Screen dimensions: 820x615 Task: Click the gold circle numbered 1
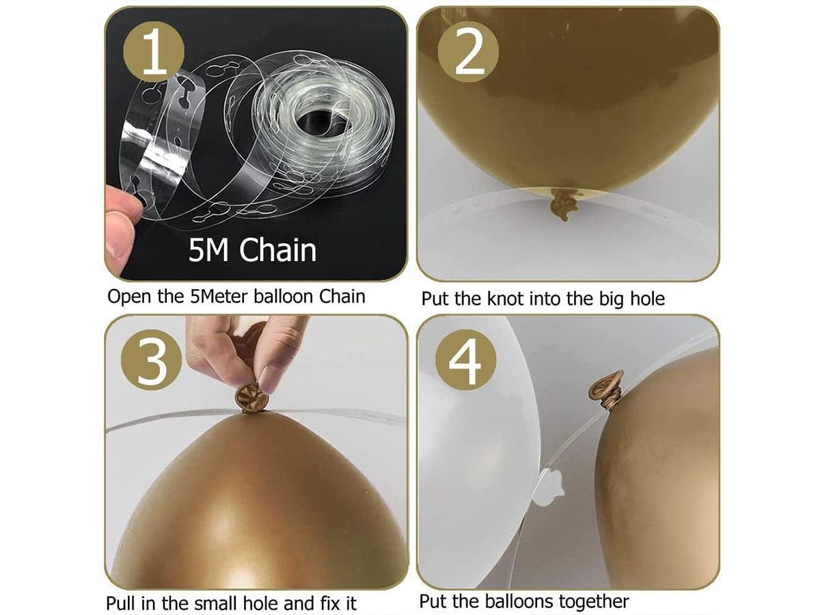coord(154,51)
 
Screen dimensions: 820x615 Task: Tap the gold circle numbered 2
coord(468,51)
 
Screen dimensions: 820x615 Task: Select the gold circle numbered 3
coord(152,360)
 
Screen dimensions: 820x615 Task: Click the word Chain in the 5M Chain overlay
coord(277,250)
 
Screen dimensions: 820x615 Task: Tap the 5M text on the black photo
coord(208,250)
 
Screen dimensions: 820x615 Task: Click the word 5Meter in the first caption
coord(219,297)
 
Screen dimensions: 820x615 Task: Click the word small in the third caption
coord(216,603)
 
